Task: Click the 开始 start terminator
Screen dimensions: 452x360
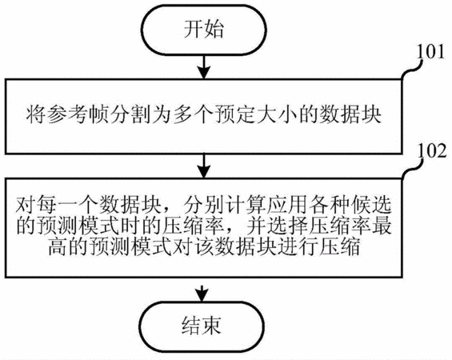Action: tap(204, 30)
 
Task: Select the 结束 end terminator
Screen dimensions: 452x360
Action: tap(202, 327)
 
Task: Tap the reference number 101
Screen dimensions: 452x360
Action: tap(430, 52)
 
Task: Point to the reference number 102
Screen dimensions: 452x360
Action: tap(431, 151)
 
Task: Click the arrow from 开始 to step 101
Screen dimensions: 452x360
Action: tap(204, 67)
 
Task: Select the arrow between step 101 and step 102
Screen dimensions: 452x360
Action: tap(204, 166)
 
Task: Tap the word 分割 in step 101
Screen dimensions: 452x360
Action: tap(130, 115)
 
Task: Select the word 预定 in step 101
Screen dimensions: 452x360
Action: tap(235, 115)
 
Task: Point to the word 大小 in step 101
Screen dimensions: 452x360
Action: tap(278, 115)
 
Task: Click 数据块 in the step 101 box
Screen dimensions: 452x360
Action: tap(350, 115)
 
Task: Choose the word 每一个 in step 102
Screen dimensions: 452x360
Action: tap(68, 205)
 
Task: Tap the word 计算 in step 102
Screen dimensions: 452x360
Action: tap(245, 205)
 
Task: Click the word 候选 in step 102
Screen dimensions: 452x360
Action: tap(371, 205)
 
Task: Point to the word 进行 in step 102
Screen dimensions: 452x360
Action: tap(298, 247)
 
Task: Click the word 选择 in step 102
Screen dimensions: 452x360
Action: tap(287, 226)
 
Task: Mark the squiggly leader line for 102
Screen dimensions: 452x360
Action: tap(412, 169)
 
